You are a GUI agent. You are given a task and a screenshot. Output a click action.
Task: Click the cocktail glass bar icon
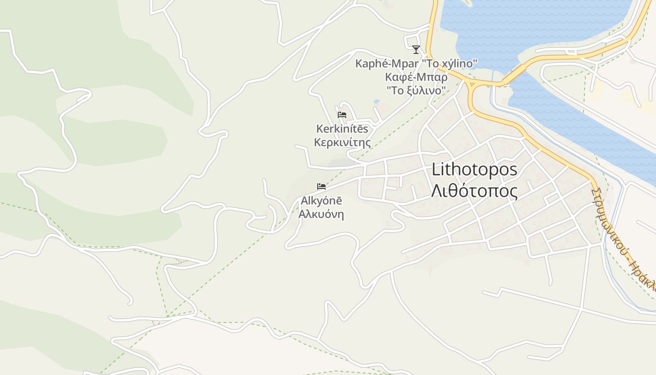coord(416,49)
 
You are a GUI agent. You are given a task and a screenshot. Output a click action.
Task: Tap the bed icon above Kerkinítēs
coord(342,115)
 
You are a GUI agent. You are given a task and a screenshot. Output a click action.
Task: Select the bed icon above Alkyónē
coord(321,187)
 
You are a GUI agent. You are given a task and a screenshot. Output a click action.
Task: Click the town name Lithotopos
coord(474,169)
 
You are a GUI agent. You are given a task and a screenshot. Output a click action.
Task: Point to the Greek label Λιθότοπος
coord(474,191)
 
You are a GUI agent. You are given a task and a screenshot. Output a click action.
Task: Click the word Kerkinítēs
coord(342,128)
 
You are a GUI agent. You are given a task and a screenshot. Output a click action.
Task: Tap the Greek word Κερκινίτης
coord(342,142)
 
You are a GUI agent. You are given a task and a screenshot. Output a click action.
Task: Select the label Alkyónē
coord(321,201)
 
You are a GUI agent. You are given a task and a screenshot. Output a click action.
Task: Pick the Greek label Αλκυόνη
coord(321,215)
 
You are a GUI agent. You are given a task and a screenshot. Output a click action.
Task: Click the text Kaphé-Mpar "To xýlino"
coord(416,63)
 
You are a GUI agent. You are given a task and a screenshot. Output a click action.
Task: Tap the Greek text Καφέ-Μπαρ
coord(416,76)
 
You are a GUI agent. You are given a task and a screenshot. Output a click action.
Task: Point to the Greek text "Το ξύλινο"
coord(416,90)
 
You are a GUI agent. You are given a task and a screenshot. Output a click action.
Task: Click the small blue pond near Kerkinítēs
coord(377,101)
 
